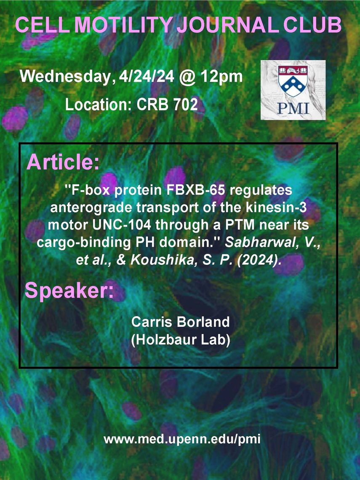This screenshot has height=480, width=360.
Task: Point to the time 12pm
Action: [221, 77]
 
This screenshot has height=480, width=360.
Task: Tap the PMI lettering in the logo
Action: [293, 108]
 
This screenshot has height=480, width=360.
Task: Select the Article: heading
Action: [63, 162]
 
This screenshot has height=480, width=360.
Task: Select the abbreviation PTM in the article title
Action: [239, 225]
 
